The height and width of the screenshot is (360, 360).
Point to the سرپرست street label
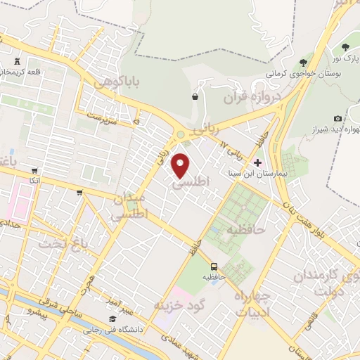click(x=100, y=112)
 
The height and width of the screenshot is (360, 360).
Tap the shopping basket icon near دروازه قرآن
click(x=194, y=97)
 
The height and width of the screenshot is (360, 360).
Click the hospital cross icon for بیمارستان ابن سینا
click(x=257, y=162)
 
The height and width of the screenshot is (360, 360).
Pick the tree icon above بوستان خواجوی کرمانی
click(x=303, y=63)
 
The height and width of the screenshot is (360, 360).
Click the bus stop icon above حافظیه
click(x=214, y=266)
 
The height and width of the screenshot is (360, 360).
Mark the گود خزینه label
click(x=179, y=304)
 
